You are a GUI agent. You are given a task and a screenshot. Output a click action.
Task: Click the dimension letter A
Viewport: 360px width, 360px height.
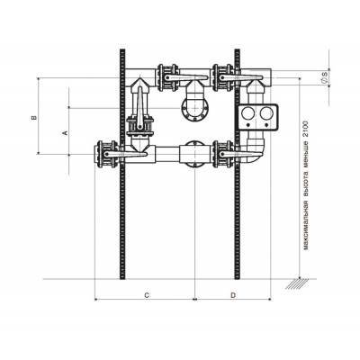[x=64, y=132]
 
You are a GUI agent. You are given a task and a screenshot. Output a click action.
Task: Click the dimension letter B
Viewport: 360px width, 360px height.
[x=34, y=117]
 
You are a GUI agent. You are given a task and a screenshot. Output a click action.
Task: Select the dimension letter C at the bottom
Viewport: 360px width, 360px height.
[x=147, y=295]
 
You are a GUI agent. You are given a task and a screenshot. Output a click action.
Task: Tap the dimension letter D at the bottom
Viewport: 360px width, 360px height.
[x=233, y=295]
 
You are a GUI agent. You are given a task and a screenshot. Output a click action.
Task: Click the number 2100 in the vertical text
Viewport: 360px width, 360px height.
[x=306, y=129]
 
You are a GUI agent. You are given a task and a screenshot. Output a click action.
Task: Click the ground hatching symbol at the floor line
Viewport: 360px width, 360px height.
[x=297, y=283]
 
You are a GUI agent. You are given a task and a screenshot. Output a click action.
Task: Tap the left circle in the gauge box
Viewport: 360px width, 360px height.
[x=248, y=113]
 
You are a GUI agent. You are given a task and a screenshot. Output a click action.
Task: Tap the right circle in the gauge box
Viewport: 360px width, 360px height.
[x=266, y=113]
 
